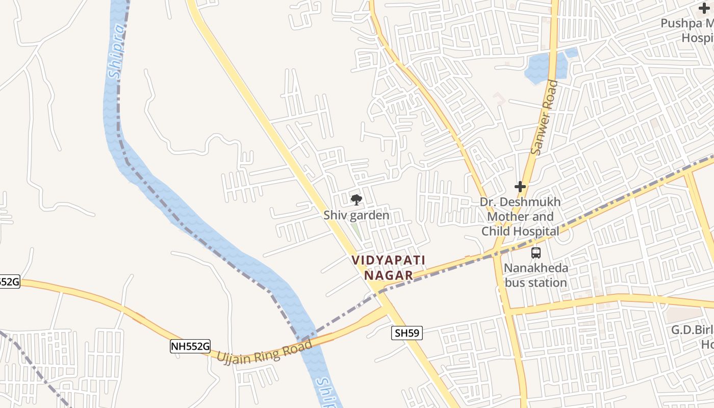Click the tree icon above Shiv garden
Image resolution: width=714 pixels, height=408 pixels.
pyautogui.click(x=356, y=199)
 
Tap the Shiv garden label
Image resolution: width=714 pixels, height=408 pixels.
pyautogui.click(x=356, y=215)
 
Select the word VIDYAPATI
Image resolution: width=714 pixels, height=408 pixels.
pyautogui.click(x=388, y=261)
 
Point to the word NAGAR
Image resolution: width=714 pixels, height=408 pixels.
pyautogui.click(x=388, y=275)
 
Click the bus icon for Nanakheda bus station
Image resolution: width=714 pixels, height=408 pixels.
pyautogui.click(x=535, y=252)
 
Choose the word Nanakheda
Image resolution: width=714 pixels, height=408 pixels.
pyautogui.click(x=535, y=268)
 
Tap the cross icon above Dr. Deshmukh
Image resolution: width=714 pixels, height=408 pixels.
pyautogui.click(x=520, y=187)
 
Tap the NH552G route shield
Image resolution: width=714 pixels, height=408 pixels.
pyautogui.click(x=190, y=347)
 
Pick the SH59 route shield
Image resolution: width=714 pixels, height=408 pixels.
pyautogui.click(x=407, y=334)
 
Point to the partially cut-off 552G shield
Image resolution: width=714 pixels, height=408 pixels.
pyautogui.click(x=9, y=282)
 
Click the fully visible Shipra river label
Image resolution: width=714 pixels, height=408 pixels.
pyautogui.click(x=117, y=53)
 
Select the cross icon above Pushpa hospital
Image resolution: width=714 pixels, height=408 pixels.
pyautogui.click(x=704, y=8)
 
